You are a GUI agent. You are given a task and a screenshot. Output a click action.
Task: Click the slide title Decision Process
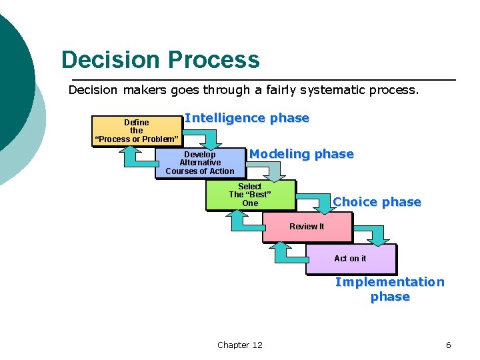point(160,60)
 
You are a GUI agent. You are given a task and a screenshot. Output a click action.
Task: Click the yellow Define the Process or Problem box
point(137,131)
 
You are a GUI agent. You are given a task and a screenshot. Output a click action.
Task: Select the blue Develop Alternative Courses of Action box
point(199,163)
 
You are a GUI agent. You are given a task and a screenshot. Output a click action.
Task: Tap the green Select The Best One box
point(250,195)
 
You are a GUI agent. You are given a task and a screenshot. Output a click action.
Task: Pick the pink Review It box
point(307,227)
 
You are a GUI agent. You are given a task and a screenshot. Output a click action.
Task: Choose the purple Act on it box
point(350,259)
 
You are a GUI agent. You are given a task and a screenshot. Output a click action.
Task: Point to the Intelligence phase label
point(247,118)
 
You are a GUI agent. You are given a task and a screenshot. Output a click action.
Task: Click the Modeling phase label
point(301,154)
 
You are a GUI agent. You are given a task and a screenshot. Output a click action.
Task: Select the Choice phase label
point(377,202)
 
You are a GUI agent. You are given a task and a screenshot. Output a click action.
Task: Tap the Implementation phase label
point(390,289)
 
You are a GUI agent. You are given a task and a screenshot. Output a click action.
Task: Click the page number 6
point(448,345)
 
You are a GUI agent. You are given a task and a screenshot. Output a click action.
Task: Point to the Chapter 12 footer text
point(240,345)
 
